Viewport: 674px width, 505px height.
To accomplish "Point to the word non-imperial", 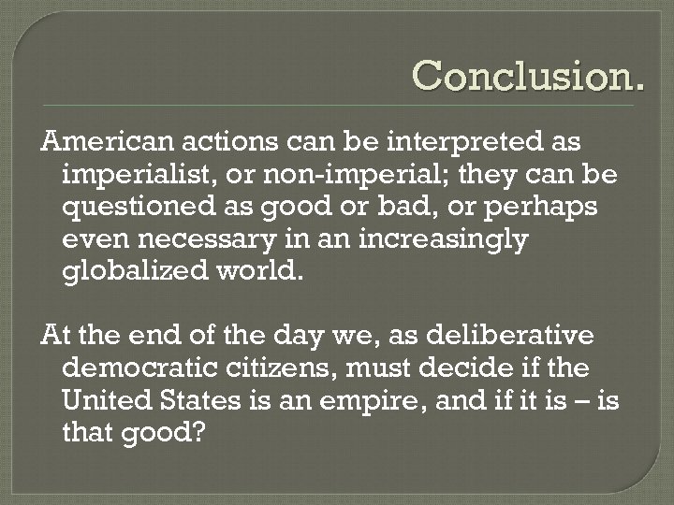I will point(338,175).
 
